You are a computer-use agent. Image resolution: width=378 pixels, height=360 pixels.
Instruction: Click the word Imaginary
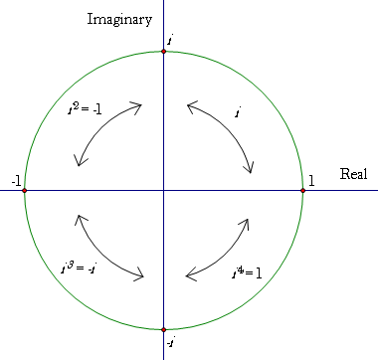pos(119,20)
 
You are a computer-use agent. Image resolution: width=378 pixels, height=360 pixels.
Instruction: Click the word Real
pos(353,174)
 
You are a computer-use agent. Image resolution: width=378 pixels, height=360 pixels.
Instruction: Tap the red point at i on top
pos(163,52)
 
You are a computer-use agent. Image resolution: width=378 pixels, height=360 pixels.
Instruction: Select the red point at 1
pos(302,191)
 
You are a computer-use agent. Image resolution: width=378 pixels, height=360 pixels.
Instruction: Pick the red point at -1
pos(24,191)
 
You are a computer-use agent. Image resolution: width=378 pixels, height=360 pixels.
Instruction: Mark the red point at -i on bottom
pos(163,330)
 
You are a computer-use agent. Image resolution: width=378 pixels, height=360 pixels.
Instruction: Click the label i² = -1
pos(85,108)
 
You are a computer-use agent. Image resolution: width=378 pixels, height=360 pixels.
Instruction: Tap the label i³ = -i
pos(79,268)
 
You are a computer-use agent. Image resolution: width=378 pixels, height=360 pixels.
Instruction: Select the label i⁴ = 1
pos(247,272)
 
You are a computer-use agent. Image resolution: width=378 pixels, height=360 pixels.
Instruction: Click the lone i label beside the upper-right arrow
pos(238,112)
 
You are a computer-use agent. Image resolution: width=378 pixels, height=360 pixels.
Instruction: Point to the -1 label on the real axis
pos(16,182)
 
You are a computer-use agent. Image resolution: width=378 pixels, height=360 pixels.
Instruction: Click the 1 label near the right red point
pos(311,181)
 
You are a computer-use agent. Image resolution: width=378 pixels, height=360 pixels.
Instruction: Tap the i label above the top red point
pos(170,41)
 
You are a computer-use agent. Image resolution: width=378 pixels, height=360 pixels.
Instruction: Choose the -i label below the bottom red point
pos(171,343)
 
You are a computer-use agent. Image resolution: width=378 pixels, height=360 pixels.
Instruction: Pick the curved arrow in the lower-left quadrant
pos(101,253)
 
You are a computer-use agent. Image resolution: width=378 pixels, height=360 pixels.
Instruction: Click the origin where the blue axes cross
pos(163,191)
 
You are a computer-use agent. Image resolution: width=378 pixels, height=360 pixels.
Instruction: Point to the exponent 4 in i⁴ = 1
pos(241,270)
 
